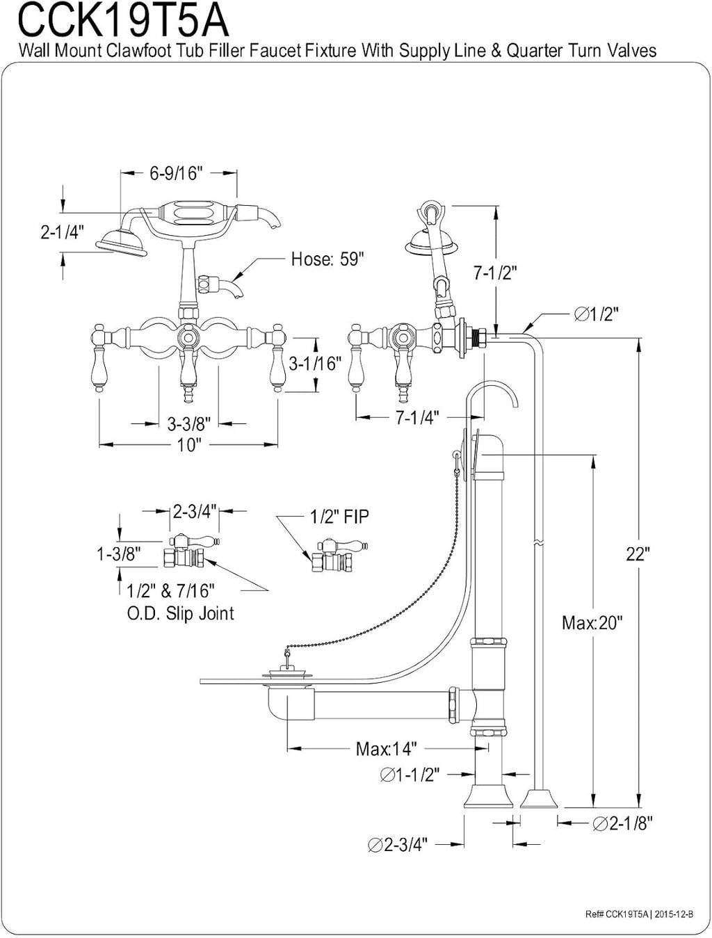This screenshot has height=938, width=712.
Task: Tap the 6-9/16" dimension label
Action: [175, 173]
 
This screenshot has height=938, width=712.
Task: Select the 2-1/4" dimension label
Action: [63, 232]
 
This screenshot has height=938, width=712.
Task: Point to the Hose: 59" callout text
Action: [327, 259]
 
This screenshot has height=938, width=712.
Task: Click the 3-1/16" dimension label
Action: [315, 363]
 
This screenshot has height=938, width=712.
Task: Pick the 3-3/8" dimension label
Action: [189, 424]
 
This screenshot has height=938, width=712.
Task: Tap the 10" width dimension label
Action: [189, 445]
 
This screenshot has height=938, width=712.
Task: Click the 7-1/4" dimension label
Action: [417, 417]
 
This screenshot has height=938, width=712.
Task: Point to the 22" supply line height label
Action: [638, 554]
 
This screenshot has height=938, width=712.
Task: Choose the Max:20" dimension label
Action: [592, 622]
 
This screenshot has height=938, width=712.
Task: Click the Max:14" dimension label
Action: [387, 748]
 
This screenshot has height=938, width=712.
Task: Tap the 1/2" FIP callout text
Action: [339, 517]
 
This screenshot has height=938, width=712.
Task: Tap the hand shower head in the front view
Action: [122, 243]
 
